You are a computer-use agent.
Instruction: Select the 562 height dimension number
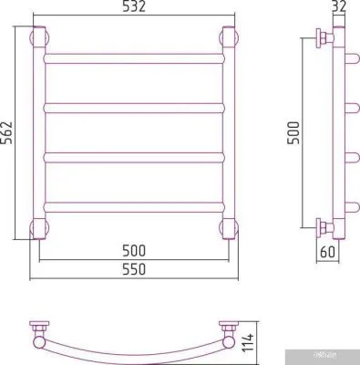9,134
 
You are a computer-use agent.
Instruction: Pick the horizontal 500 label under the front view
133,246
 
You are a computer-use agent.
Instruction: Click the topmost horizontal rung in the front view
133,57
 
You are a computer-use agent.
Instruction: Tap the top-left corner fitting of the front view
38,38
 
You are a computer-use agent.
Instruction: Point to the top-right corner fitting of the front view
229,38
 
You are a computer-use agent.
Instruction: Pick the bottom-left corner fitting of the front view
38,225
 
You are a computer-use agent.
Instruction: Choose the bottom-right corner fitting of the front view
229,225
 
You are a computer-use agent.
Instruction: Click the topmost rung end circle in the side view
346,58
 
